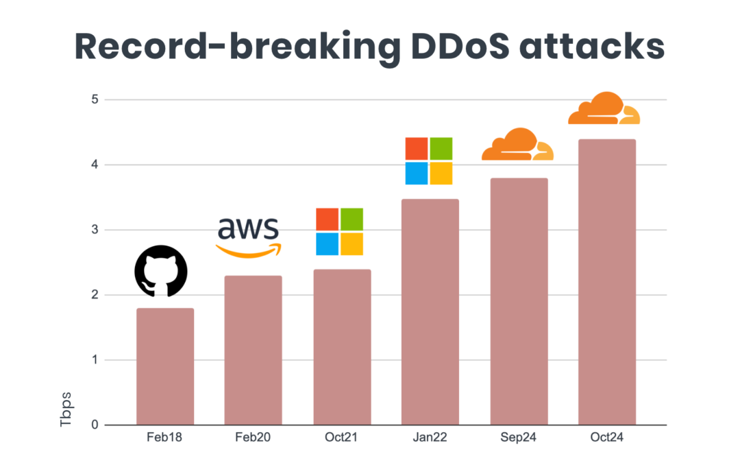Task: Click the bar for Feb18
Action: click(165, 367)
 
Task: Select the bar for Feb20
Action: click(254, 351)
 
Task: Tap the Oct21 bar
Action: click(342, 347)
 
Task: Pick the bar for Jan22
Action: click(430, 312)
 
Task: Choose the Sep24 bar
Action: click(519, 302)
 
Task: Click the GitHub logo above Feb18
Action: click(160, 271)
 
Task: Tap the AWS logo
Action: click(248, 237)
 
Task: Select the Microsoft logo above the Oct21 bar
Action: click(339, 232)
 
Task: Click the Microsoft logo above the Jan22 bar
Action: click(428, 161)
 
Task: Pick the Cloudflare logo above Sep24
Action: click(517, 145)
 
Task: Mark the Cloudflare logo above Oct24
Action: click(604, 108)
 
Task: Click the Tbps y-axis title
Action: click(66, 409)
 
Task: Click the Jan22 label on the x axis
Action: click(430, 438)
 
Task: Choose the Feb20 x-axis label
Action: click(254, 438)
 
